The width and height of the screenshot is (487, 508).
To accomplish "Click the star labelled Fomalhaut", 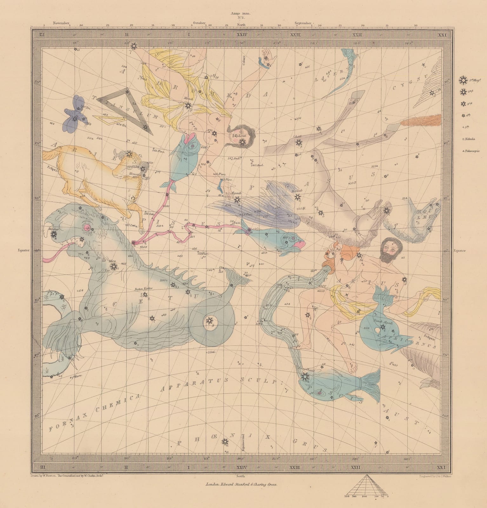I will pos(304,377).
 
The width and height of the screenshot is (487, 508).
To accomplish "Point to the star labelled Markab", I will pos(297,197).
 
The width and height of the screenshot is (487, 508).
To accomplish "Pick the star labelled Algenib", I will pos(237,200).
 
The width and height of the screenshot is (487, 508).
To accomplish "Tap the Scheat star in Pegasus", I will pos(298,143).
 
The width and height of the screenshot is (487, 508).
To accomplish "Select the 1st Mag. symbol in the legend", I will pos(463,80).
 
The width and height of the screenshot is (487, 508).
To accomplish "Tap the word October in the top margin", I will pos(199,23).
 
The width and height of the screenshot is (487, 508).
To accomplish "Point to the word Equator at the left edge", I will pos(23,250).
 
